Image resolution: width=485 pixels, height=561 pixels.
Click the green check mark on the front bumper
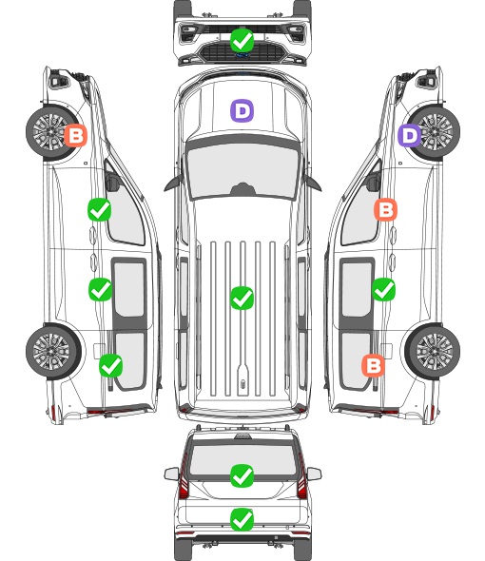pyautogui.click(x=242, y=40)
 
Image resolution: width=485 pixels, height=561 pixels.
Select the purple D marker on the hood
pyautogui.click(x=242, y=110)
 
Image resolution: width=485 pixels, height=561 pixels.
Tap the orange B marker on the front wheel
pyautogui.click(x=75, y=135)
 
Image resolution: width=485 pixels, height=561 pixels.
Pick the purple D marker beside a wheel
pyautogui.click(x=410, y=135)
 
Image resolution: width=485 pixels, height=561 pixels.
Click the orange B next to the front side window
pyautogui.click(x=385, y=209)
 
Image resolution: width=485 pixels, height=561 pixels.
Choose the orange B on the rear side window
pyautogui.click(x=374, y=365)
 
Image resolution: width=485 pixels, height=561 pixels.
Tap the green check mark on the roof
pyautogui.click(x=242, y=298)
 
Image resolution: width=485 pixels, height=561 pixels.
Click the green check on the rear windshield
pyautogui.click(x=242, y=475)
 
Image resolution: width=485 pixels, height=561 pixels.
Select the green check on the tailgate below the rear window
pyautogui.click(x=242, y=519)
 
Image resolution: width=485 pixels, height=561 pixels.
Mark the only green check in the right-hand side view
pyautogui.click(x=383, y=289)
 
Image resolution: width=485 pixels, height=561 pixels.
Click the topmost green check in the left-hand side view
pyautogui.click(x=99, y=209)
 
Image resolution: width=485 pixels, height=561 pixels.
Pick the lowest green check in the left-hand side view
pyautogui.click(x=110, y=365)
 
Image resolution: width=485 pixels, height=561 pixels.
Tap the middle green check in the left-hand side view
pyautogui.click(x=100, y=289)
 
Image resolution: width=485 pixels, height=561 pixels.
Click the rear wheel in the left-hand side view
pyautogui.click(x=53, y=351)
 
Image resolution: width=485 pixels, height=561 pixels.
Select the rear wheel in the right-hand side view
pyautogui.click(x=433, y=351)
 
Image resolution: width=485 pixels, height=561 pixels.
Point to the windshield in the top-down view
pyautogui.click(x=242, y=169)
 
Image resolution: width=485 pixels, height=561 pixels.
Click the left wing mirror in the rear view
pyautogui.click(x=171, y=474)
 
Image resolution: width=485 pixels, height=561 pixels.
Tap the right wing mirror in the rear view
pyautogui.click(x=314, y=474)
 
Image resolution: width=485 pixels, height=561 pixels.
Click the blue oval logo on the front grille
pyautogui.click(x=242, y=55)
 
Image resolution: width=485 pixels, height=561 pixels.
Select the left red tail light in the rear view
pyautogui.click(x=184, y=477)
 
